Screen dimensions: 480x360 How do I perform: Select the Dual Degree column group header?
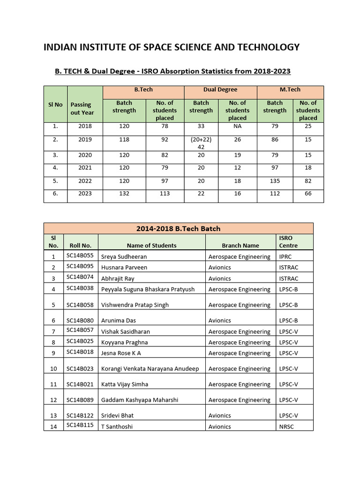tap(220, 90)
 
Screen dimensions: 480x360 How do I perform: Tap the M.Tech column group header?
tap(290, 90)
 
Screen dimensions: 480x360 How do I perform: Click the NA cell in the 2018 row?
tap(237, 126)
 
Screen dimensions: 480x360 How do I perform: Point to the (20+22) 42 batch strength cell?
tap(201, 143)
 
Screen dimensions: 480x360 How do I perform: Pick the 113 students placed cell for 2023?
tap(164, 194)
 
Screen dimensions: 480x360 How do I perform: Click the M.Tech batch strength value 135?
tap(275, 180)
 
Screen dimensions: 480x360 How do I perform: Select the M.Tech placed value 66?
tap(307, 194)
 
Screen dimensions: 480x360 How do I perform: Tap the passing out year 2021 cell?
tap(85, 167)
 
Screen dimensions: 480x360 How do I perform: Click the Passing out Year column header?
tap(82, 109)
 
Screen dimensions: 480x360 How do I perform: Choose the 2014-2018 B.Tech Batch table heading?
tap(178, 229)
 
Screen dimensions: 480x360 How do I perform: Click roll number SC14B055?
tap(80, 255)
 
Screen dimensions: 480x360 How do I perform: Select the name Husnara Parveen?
tap(124, 267)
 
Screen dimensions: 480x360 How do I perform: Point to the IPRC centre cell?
tap(286, 256)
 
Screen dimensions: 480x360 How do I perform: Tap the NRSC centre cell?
tap(286, 427)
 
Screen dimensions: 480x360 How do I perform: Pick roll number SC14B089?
tap(80, 399)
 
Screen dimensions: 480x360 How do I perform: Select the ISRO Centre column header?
tap(288, 241)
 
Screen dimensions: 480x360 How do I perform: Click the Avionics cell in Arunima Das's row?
tap(219, 321)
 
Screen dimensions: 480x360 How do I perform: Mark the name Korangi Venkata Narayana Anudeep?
tap(150, 368)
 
